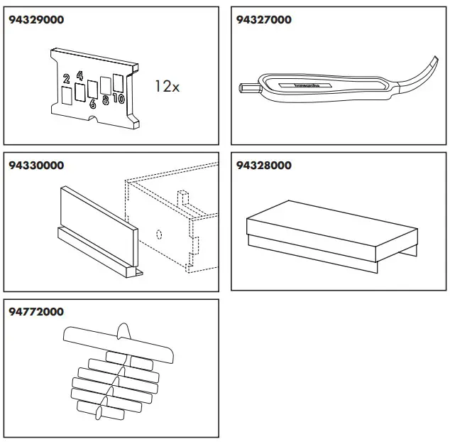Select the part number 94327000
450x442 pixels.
263,20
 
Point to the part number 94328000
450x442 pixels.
263,166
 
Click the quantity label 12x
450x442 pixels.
168,87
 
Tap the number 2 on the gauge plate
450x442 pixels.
65,79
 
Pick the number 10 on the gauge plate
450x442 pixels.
119,99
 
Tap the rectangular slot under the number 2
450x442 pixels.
66,95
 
